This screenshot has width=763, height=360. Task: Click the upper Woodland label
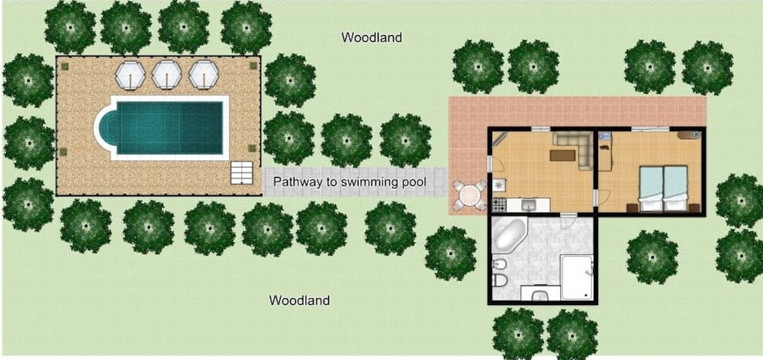click(x=372, y=37)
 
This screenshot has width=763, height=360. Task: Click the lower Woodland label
click(x=299, y=301)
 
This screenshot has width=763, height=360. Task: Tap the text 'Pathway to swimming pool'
click(x=349, y=182)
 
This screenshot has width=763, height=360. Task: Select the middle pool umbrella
click(x=166, y=75)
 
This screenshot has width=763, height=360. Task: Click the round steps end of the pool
click(x=104, y=128)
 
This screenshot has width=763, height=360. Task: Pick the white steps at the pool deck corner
click(x=241, y=172)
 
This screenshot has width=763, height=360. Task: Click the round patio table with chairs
click(x=469, y=195)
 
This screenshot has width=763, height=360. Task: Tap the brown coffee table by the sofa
click(x=562, y=155)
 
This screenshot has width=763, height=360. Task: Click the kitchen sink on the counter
click(x=529, y=204)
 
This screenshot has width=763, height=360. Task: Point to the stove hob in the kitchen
click(x=499, y=204)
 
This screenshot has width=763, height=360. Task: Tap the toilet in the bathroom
click(x=500, y=280)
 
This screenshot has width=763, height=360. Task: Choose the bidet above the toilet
click(x=500, y=265)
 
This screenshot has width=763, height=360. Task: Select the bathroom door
click(x=565, y=220)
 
